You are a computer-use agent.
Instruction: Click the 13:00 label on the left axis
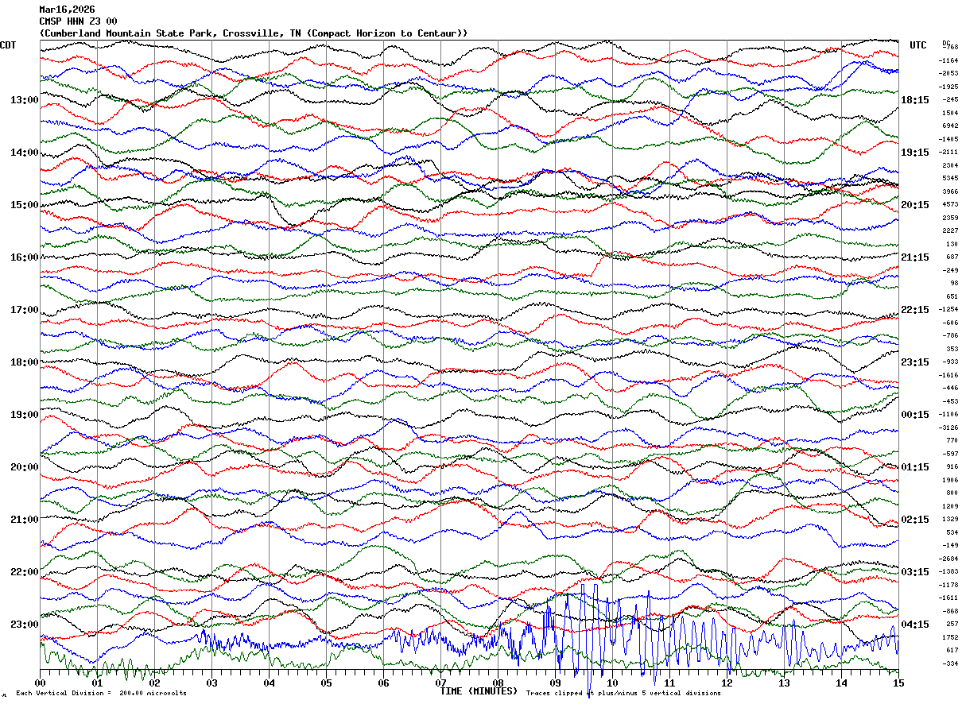coord(25,100)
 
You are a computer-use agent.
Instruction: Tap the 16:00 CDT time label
coord(25,257)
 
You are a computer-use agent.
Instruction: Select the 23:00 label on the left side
coord(25,625)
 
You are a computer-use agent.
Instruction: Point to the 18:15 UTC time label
coord(915,100)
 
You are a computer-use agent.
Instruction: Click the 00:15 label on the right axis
coord(915,415)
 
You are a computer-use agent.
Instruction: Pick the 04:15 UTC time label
coord(915,625)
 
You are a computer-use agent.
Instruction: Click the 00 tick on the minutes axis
coord(41,683)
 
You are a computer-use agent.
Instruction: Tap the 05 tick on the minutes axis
coord(326,683)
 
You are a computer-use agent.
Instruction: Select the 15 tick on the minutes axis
coord(898,683)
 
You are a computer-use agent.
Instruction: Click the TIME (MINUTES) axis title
coord(479,691)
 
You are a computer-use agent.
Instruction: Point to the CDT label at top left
coord(9,45)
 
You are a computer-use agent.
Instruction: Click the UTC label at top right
coord(918,45)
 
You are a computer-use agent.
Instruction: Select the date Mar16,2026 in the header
coord(67,10)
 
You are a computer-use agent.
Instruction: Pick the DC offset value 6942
coord(949,126)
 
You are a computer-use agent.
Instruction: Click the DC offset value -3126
coord(949,427)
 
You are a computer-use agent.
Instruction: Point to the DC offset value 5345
coord(949,179)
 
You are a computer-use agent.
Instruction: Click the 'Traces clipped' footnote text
coord(557,694)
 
